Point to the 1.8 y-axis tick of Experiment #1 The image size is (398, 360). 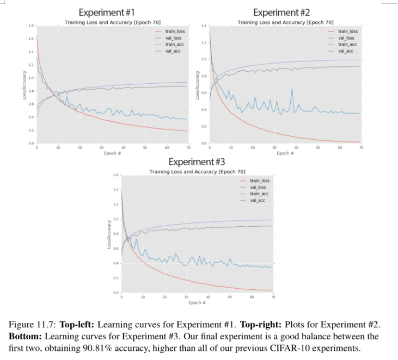[30, 26]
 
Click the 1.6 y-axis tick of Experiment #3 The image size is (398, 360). [115, 175]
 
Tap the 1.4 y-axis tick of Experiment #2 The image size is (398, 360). [204, 26]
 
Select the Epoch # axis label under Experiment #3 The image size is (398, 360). [197, 302]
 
